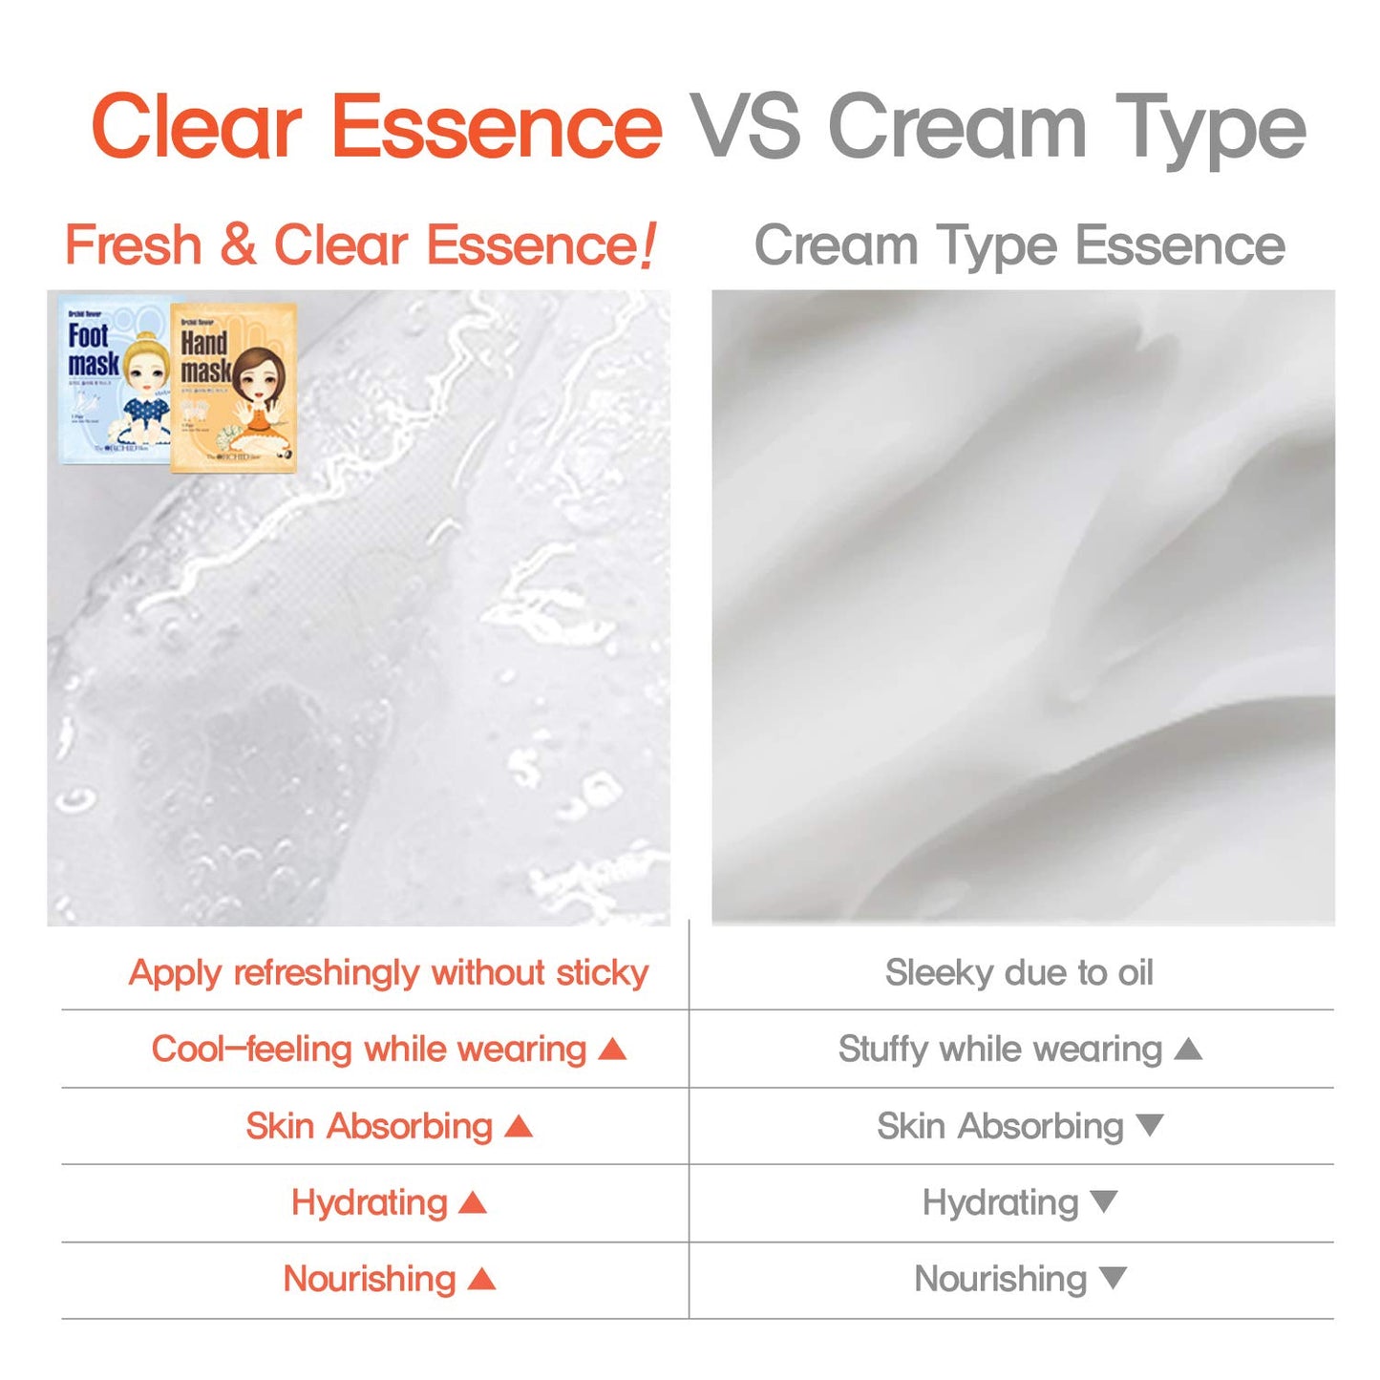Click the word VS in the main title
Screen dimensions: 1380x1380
tap(746, 127)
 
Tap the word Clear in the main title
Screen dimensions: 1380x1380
tap(197, 127)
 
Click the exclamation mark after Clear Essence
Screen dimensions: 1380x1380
tap(648, 245)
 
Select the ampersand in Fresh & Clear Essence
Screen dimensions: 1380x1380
tap(238, 245)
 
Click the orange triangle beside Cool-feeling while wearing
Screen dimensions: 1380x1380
tap(612, 1050)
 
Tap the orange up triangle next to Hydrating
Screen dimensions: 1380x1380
tap(473, 1203)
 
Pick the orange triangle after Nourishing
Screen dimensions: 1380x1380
tap(482, 1279)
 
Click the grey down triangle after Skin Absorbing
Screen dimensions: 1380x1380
tap(1150, 1125)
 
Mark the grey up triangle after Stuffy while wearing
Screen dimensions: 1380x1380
tap(1188, 1050)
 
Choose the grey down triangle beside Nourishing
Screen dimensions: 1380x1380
tap(1113, 1277)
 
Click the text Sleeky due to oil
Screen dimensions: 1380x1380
tap(1019, 972)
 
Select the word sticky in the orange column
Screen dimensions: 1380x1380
tap(602, 972)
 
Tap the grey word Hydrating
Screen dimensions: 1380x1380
tap(1000, 1202)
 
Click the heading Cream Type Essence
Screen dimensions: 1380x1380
tap(1019, 245)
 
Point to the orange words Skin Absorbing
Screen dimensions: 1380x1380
tap(369, 1126)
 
